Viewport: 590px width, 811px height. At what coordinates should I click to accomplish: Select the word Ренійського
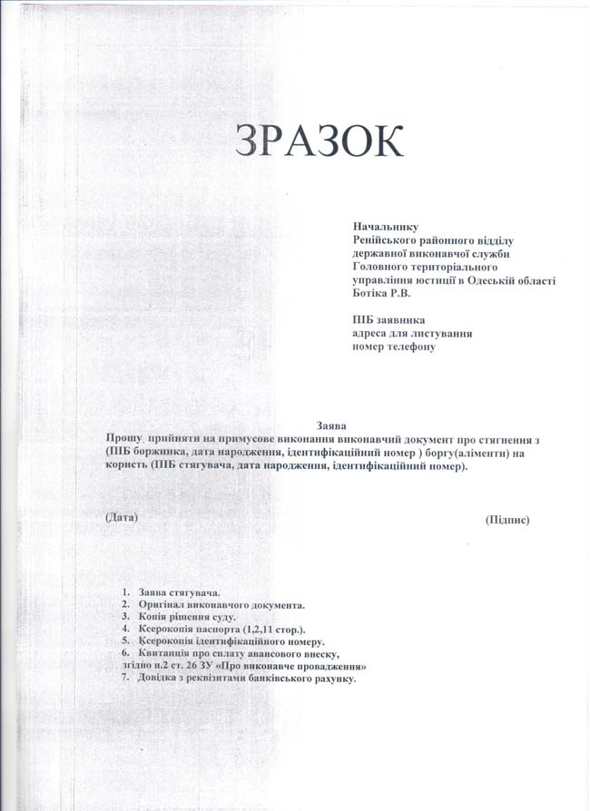point(387,240)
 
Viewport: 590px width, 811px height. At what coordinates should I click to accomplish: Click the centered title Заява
point(331,425)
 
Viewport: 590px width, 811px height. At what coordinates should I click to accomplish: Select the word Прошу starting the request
point(123,437)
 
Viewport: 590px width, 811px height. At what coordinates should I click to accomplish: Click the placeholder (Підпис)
point(507,520)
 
